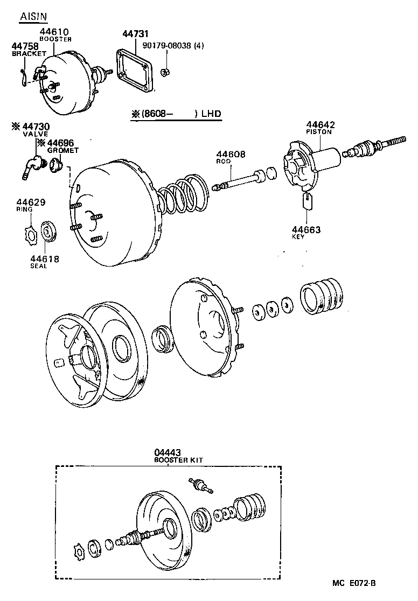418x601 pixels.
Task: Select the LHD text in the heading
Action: pyautogui.click(x=212, y=114)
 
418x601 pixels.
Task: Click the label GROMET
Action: pyautogui.click(x=63, y=151)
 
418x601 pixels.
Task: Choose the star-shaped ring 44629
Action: pyautogui.click(x=31, y=235)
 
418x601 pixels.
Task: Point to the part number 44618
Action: pyautogui.click(x=44, y=259)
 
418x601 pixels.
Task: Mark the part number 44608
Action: pyautogui.click(x=232, y=155)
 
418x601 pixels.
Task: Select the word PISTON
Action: pyautogui.click(x=319, y=132)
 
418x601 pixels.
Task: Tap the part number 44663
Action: pyautogui.click(x=306, y=230)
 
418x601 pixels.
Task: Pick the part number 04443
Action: pyautogui.click(x=167, y=453)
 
